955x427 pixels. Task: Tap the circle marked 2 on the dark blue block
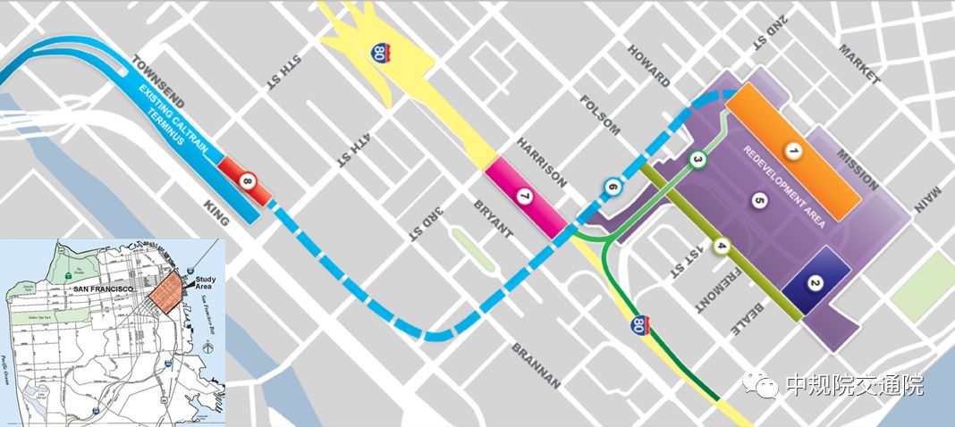[x=815, y=284]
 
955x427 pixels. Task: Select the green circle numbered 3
[x=698, y=160]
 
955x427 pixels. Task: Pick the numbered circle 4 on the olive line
[x=722, y=246]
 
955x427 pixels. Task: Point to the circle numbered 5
[x=760, y=201]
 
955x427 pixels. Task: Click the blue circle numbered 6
[x=612, y=187]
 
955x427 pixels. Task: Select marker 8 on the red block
[x=248, y=181]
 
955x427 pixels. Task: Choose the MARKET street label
[x=859, y=65]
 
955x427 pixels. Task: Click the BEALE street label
[x=747, y=315]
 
